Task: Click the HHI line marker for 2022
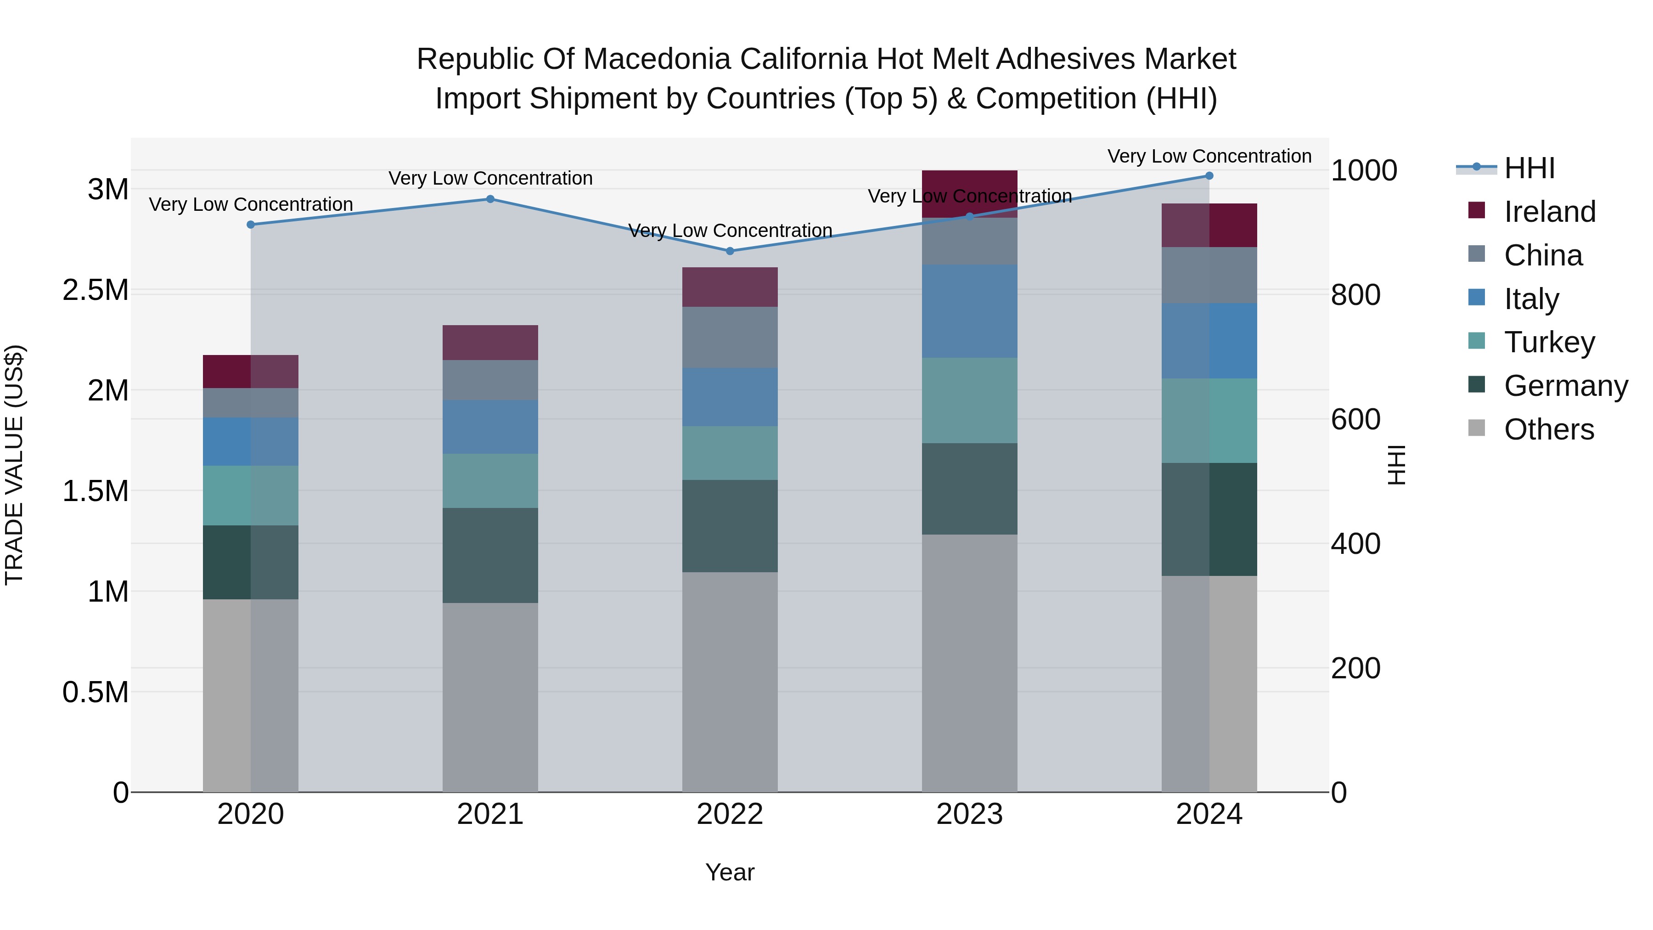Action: pyautogui.click(x=730, y=251)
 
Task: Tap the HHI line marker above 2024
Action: pyautogui.click(x=1209, y=176)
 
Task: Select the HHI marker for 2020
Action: pyautogui.click(x=251, y=225)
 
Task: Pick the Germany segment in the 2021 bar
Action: pyautogui.click(x=490, y=555)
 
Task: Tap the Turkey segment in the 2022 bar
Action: pyautogui.click(x=730, y=453)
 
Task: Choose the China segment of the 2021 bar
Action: pyautogui.click(x=490, y=380)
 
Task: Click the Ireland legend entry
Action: pyautogui.click(x=1549, y=212)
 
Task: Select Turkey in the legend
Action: pyautogui.click(x=1549, y=342)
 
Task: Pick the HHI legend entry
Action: pyautogui.click(x=1529, y=168)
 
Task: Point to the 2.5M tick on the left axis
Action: pyautogui.click(x=95, y=290)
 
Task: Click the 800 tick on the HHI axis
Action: pyautogui.click(x=1355, y=295)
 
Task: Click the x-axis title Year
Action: pyautogui.click(x=730, y=872)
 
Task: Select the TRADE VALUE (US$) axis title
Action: pyautogui.click(x=14, y=465)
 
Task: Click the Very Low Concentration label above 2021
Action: pyautogui.click(x=490, y=179)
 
